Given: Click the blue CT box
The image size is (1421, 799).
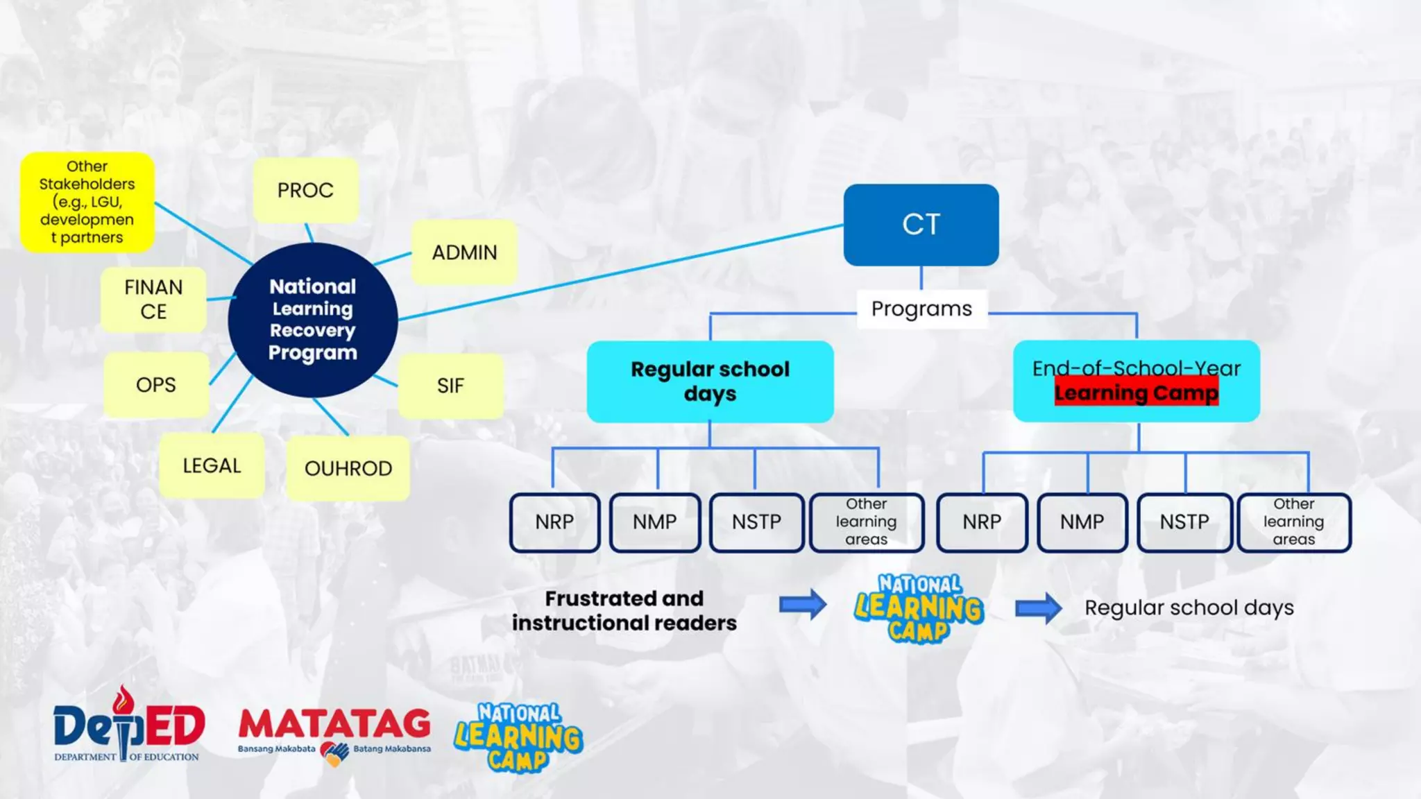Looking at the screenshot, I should [921, 225].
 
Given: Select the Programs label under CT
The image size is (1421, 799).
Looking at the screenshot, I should [921, 309].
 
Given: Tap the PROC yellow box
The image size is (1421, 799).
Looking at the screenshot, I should [305, 190].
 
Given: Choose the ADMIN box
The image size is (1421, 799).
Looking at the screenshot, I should [464, 252].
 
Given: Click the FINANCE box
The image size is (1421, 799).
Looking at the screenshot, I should [153, 300].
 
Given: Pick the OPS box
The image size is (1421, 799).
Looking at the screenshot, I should [156, 385].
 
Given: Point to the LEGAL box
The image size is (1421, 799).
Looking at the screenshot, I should [212, 465].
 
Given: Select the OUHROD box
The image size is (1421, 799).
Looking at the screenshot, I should [348, 468].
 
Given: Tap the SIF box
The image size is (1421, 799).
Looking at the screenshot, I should [450, 386].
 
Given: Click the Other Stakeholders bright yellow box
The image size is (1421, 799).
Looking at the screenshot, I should [87, 202].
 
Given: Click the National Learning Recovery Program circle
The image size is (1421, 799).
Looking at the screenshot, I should [313, 320].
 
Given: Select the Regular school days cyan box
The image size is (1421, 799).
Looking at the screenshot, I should [710, 381].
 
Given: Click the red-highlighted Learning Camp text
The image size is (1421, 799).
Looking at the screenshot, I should [1136, 393].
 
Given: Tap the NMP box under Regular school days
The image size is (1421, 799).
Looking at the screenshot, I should [654, 522].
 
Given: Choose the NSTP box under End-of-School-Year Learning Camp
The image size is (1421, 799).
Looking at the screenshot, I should [1184, 522].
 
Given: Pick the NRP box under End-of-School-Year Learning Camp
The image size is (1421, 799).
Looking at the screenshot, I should [982, 522].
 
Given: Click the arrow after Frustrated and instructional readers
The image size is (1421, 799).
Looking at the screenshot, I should [803, 605].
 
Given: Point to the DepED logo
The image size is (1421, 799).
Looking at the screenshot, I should [129, 725].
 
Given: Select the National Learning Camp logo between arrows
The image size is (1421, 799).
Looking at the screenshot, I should [919, 608].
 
